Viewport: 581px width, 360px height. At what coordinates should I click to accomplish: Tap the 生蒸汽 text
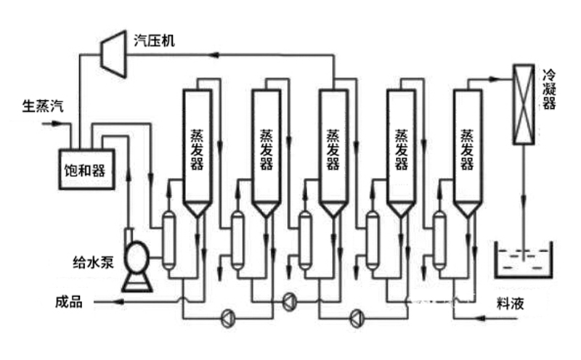coord(41,107)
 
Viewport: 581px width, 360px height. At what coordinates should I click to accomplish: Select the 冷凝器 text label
coord(549,89)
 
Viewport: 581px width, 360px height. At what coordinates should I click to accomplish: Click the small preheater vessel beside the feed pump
coord(168,240)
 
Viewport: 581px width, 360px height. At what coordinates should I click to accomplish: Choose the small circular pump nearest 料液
coord(356,316)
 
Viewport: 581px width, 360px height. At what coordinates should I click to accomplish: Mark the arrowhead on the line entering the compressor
coord(214,54)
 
